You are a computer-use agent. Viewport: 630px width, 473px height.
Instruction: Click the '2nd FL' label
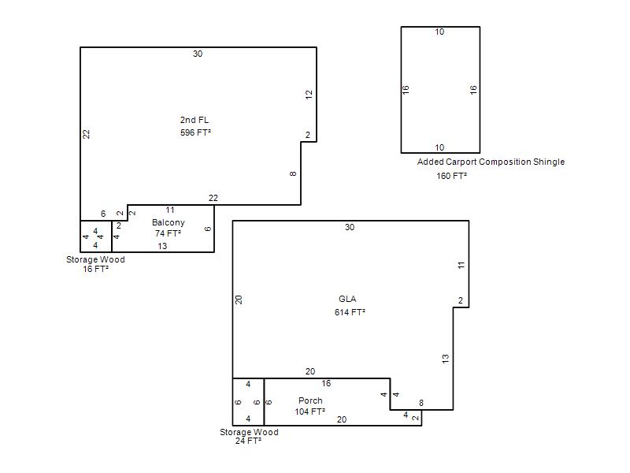195,120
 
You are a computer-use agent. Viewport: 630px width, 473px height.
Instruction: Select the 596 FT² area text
195,132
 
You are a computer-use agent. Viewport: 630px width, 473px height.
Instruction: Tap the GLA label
347,299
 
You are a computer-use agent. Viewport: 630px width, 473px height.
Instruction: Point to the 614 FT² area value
350,312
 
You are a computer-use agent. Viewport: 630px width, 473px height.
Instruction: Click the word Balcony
169,222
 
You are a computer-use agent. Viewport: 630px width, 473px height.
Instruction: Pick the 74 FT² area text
168,233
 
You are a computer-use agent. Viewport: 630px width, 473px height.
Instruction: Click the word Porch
310,400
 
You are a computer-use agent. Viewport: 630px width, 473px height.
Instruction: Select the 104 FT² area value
309,412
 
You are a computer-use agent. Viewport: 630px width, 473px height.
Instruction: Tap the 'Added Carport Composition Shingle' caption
491,162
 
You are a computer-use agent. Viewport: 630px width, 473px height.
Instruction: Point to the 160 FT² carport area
451,176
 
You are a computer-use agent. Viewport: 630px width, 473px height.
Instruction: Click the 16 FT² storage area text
95,269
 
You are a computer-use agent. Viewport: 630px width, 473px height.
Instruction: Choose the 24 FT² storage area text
248,441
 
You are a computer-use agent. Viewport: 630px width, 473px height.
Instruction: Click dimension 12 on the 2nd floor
309,95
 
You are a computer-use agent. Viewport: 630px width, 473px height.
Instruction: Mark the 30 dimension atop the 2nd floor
198,54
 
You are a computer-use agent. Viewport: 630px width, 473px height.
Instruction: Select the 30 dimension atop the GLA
350,227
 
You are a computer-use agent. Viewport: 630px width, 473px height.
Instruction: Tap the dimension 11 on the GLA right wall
461,266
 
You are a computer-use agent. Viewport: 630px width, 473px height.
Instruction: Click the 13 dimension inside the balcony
162,246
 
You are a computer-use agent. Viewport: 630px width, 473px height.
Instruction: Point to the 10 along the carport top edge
439,32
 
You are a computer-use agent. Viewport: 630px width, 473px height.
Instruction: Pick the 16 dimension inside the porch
326,384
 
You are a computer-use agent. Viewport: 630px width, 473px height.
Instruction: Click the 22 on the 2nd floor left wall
86,134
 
